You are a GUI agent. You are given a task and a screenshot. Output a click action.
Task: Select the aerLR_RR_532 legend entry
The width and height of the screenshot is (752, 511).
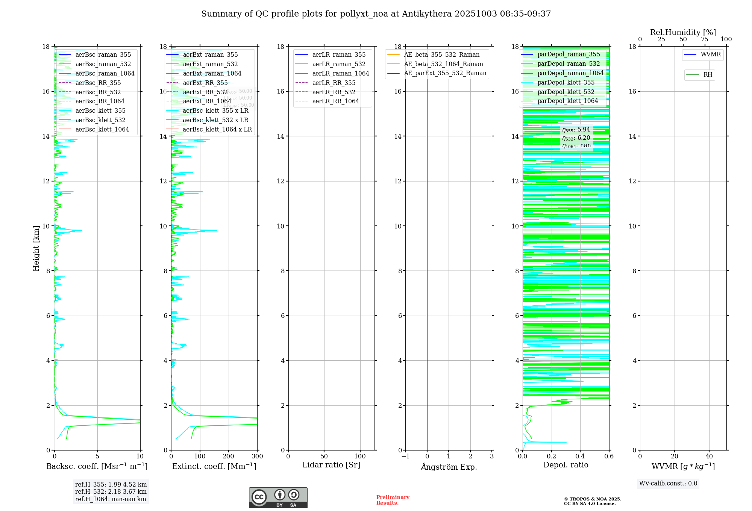(x=334, y=92)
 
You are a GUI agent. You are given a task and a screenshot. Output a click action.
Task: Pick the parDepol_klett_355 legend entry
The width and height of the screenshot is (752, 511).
(x=566, y=82)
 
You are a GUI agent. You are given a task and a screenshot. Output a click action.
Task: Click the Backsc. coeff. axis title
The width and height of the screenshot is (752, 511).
(x=97, y=466)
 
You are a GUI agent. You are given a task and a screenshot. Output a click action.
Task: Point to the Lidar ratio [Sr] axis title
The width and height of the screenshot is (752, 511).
(x=331, y=465)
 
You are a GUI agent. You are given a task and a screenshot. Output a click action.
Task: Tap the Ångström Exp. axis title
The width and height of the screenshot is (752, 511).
(x=449, y=467)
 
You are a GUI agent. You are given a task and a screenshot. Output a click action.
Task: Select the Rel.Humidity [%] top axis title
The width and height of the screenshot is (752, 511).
(x=683, y=32)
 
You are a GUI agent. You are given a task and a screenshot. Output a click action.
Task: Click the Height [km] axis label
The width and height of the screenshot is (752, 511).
(x=36, y=248)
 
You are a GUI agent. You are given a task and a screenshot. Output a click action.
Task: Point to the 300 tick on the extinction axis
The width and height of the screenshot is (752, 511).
(x=258, y=457)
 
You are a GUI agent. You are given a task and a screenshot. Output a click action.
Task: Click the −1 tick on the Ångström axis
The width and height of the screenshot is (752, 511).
(x=405, y=457)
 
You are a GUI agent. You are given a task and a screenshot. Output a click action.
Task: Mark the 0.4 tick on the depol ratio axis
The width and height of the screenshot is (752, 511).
(x=580, y=457)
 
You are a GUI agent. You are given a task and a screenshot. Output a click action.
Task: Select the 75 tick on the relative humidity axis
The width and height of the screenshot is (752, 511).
(x=705, y=39)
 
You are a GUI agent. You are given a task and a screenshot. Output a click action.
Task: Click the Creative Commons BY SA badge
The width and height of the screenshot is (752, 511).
(x=278, y=497)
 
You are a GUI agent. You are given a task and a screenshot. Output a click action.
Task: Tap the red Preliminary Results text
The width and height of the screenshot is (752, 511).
(x=393, y=500)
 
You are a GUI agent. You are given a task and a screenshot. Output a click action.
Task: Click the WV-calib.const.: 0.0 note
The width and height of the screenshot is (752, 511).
(x=668, y=484)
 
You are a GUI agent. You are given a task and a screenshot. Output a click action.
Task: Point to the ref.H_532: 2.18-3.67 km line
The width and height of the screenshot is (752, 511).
(x=111, y=492)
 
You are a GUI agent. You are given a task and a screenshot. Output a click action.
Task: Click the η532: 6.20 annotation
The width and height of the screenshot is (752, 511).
(x=576, y=138)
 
